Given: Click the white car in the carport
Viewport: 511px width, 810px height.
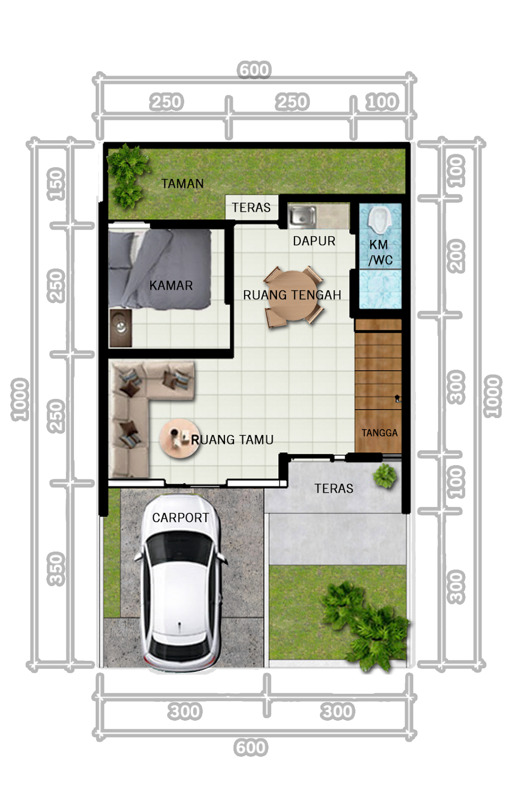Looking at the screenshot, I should click(181, 584).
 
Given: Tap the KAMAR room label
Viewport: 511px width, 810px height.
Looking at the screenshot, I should click(171, 285).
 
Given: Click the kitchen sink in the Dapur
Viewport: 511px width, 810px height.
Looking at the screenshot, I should click(302, 216).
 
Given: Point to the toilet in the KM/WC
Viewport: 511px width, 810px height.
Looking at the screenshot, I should click(380, 219).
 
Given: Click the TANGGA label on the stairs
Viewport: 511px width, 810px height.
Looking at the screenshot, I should click(379, 433).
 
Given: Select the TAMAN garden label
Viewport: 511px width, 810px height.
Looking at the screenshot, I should click(182, 184).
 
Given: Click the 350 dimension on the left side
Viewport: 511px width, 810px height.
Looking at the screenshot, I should click(56, 569).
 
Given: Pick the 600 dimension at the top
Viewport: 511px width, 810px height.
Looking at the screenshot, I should click(254, 70).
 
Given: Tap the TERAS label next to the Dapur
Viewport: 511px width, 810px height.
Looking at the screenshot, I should click(251, 208).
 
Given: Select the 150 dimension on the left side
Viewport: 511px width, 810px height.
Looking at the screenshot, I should click(56, 184).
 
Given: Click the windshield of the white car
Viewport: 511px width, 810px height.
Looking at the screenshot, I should click(181, 548).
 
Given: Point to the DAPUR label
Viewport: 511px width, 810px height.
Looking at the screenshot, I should click(314, 241).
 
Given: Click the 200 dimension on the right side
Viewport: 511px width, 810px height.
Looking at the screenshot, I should click(456, 256).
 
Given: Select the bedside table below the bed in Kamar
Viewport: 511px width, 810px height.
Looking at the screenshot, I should click(120, 328).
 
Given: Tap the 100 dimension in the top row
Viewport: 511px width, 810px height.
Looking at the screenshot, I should click(382, 102).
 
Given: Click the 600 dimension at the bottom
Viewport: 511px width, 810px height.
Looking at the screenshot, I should click(251, 748).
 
